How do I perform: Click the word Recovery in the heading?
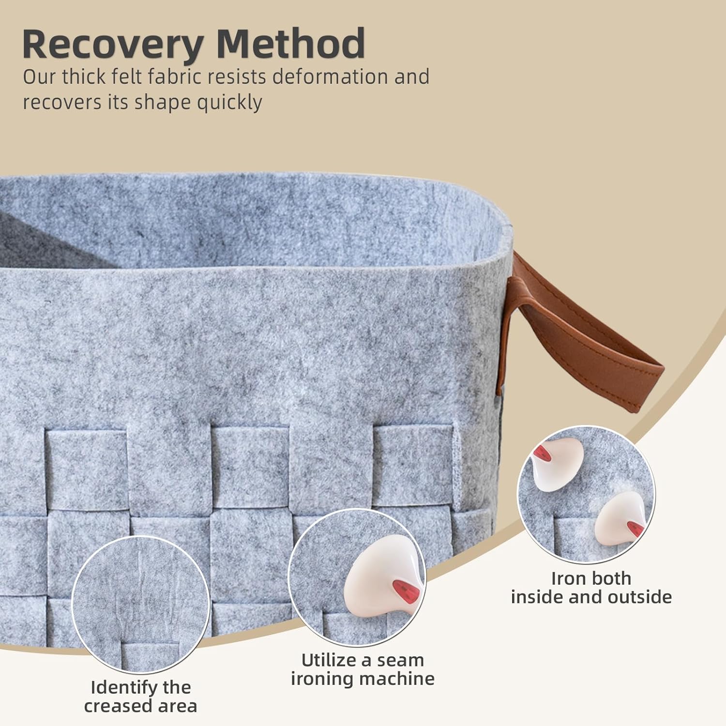click(113, 45)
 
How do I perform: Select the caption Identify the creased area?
click(140, 696)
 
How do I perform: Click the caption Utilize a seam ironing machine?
click(363, 669)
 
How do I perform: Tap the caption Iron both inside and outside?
click(591, 588)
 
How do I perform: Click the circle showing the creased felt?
click(140, 604)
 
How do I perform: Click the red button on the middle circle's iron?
click(402, 588)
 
